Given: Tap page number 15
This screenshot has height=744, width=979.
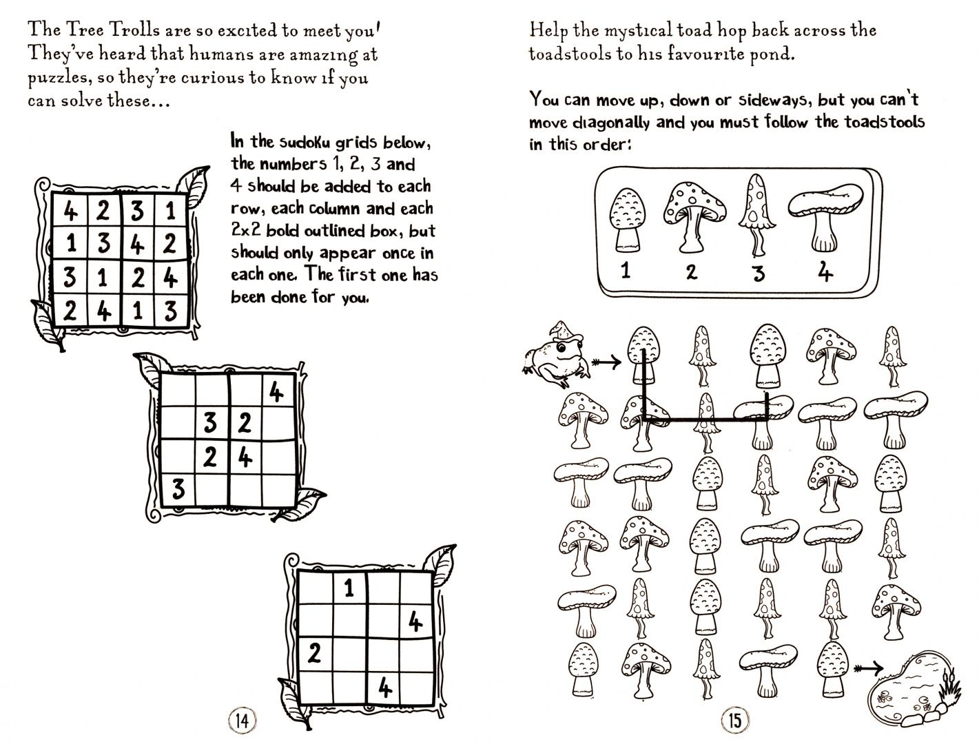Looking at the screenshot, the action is click(734, 721).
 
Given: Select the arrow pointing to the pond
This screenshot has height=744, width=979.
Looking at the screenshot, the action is click(868, 668).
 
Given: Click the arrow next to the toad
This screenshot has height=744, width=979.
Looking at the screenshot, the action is click(606, 362).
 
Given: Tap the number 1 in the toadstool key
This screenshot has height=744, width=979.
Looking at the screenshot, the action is click(626, 269).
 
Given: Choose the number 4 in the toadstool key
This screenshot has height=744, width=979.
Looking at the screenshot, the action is click(825, 272).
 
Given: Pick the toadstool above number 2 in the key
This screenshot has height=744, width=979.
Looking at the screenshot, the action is click(694, 217).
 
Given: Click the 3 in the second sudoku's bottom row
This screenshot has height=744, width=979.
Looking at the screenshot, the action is click(178, 489).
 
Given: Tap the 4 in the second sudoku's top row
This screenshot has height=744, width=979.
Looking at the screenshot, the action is click(276, 392).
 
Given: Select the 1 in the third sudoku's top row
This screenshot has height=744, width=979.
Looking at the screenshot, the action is click(349, 588).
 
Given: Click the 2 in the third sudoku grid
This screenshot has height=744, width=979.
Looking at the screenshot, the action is click(314, 654).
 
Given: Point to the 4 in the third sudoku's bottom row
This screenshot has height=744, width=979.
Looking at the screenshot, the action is click(385, 688).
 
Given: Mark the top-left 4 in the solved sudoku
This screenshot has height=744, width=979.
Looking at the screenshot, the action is click(70, 210).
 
